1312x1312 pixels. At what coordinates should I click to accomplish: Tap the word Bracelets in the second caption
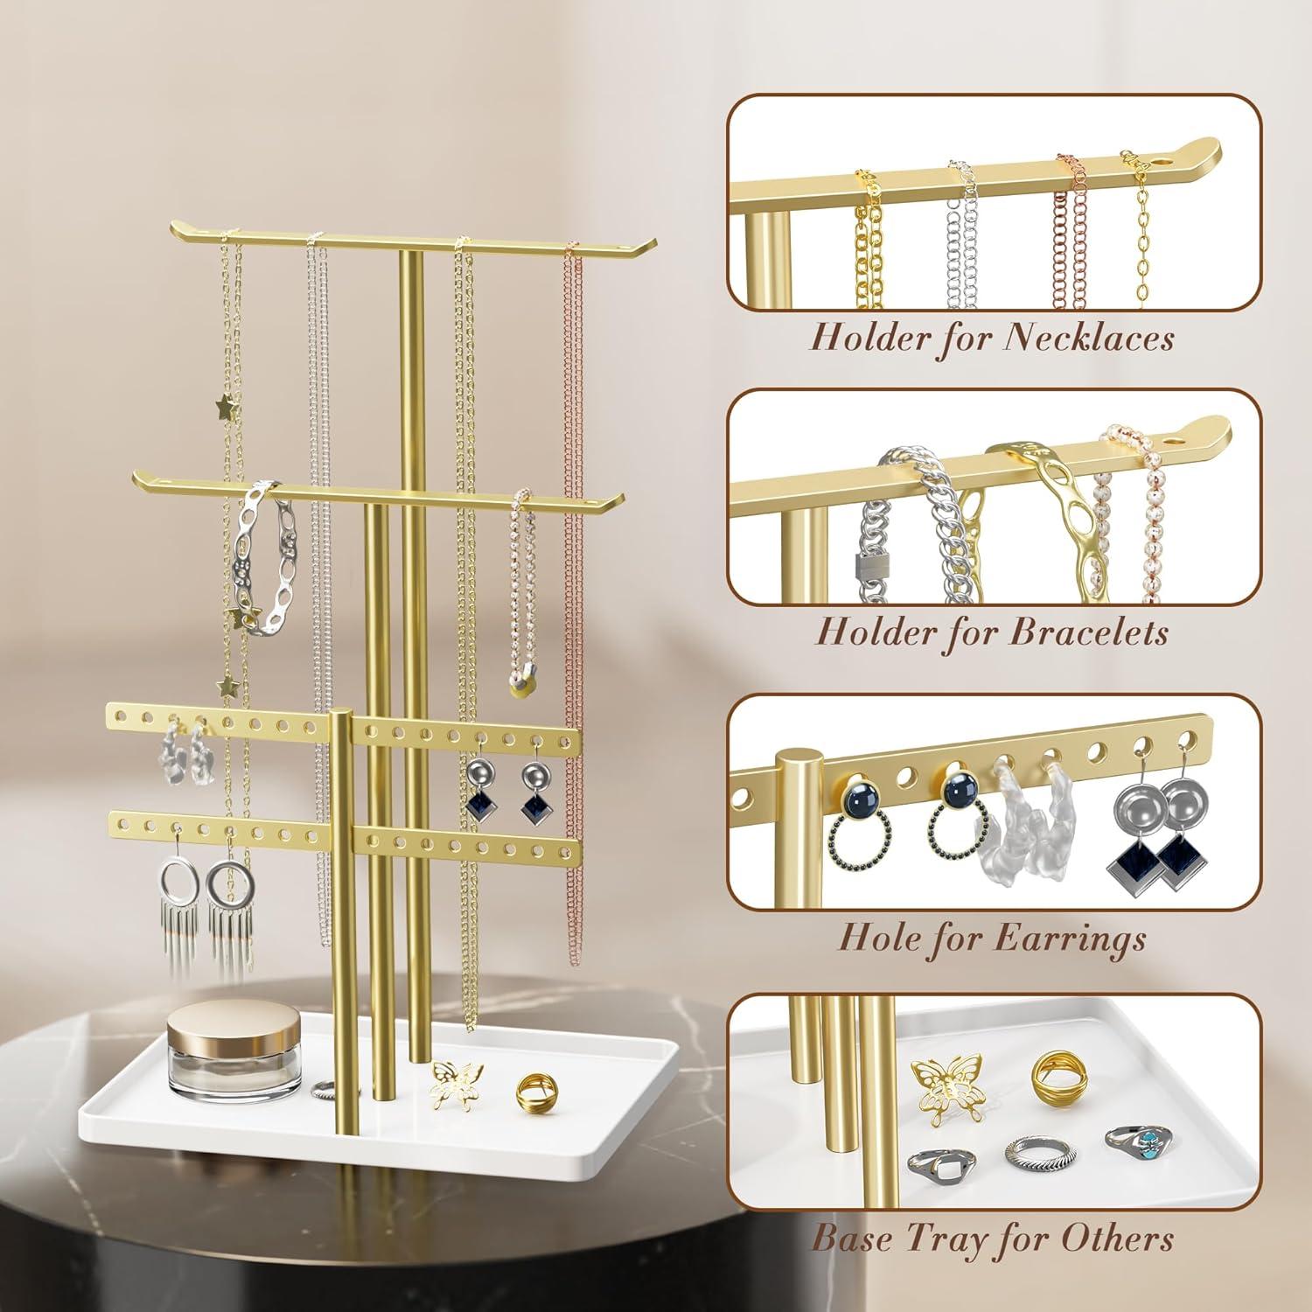click(1088, 632)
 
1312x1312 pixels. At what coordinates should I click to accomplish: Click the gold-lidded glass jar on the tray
click(207, 1048)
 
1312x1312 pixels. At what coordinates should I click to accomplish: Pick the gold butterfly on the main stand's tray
click(456, 1085)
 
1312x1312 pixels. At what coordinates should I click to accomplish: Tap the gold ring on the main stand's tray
click(534, 1092)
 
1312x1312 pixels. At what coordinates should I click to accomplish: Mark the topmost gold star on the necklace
click(227, 406)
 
